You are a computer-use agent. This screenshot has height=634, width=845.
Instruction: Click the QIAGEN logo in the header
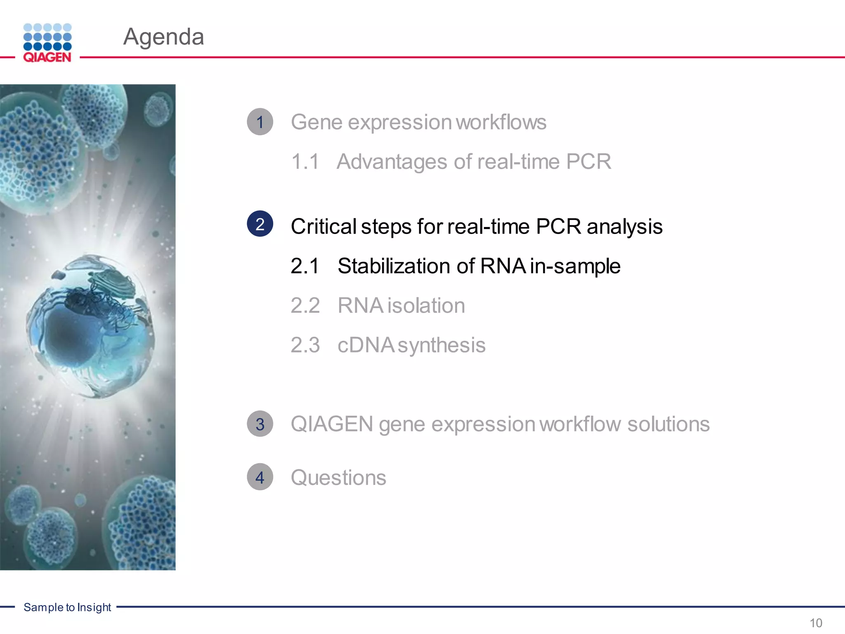click(47, 43)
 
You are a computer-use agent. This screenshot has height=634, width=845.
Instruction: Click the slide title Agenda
click(163, 37)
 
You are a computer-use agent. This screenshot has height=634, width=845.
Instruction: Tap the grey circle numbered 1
click(260, 122)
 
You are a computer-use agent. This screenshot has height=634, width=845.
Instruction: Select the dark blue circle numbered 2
click(260, 224)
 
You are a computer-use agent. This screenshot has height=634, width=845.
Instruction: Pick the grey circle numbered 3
click(260, 424)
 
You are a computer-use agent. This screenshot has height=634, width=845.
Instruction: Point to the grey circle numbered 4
click(260, 477)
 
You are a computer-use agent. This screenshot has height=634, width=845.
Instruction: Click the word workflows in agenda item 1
click(501, 122)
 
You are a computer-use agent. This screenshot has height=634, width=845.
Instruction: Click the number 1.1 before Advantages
click(305, 161)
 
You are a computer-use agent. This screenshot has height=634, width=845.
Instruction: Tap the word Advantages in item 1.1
click(392, 161)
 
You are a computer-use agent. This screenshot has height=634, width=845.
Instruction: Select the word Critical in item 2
click(323, 226)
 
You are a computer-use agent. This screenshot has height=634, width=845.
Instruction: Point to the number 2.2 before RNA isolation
click(305, 305)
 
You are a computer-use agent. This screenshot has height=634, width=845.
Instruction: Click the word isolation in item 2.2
click(426, 305)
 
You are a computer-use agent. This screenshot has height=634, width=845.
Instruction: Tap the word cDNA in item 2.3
click(365, 345)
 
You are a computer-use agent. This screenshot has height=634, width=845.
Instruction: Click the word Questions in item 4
click(338, 478)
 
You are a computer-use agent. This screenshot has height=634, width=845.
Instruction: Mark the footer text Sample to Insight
click(67, 607)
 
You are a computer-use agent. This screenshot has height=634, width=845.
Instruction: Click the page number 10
click(816, 623)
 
